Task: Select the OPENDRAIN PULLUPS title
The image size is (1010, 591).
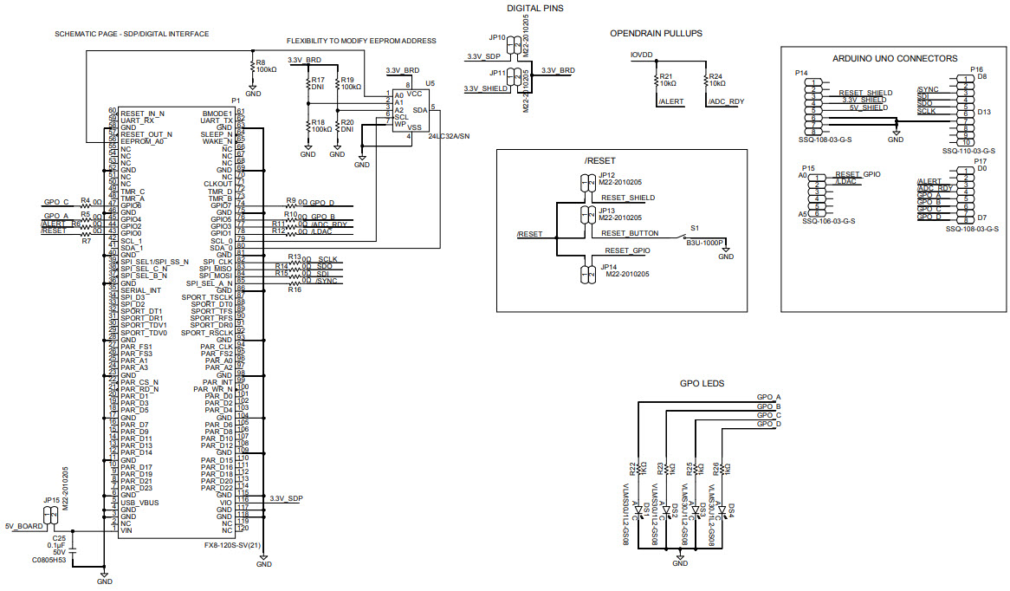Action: click(656, 33)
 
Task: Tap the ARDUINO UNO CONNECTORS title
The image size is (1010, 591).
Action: click(894, 59)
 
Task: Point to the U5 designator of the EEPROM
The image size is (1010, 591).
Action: click(430, 83)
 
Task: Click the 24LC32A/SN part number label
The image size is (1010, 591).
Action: click(449, 136)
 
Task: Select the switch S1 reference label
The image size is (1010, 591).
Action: click(693, 227)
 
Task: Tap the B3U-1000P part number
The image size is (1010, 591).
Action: click(704, 244)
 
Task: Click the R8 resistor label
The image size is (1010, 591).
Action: click(260, 62)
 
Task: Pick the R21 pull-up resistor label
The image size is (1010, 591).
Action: click(666, 76)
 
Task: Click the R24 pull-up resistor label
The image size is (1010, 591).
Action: click(715, 76)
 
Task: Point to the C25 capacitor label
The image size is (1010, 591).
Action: click(59, 536)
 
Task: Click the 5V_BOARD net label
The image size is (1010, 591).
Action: click(23, 526)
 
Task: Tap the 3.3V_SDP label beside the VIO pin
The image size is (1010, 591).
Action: click(286, 498)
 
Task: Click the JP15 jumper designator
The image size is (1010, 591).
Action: click(51, 500)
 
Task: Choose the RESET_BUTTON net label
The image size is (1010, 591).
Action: click(630, 233)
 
